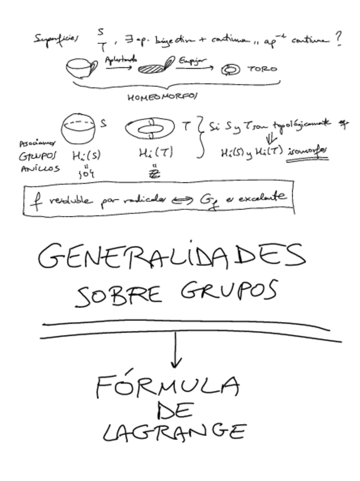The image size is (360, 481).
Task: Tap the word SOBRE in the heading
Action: [113, 295]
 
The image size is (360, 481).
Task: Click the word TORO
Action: [262, 70]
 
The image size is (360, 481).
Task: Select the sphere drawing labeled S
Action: [79, 128]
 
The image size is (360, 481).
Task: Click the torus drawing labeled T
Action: [150, 129]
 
